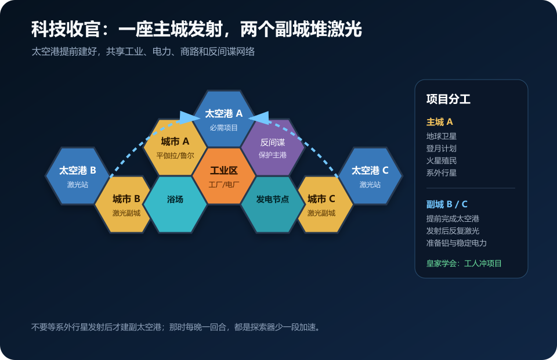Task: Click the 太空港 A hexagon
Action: pos(224,119)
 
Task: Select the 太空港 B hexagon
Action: pos(77,176)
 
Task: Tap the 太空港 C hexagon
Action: pos(370,176)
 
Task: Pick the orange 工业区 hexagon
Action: pos(224,176)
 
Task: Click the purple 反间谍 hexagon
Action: pos(273,147)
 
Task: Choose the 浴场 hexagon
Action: pos(175,204)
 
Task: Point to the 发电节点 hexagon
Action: pos(273,204)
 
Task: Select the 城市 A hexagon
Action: pos(175,147)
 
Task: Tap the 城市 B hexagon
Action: pos(126,204)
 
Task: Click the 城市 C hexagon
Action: pos(321,204)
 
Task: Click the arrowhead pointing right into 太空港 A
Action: pos(187,118)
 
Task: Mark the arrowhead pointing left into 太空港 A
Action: pos(260,118)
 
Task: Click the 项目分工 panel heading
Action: pos(449,99)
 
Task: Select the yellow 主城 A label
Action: pos(439,122)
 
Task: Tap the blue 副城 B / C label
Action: pos(447,204)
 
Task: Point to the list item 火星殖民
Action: pos(442,161)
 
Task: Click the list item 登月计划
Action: pos(442,149)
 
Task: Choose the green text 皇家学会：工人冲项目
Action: pos(464,264)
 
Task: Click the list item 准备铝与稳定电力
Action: pos(457,243)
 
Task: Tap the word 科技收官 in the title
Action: pos(66,29)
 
